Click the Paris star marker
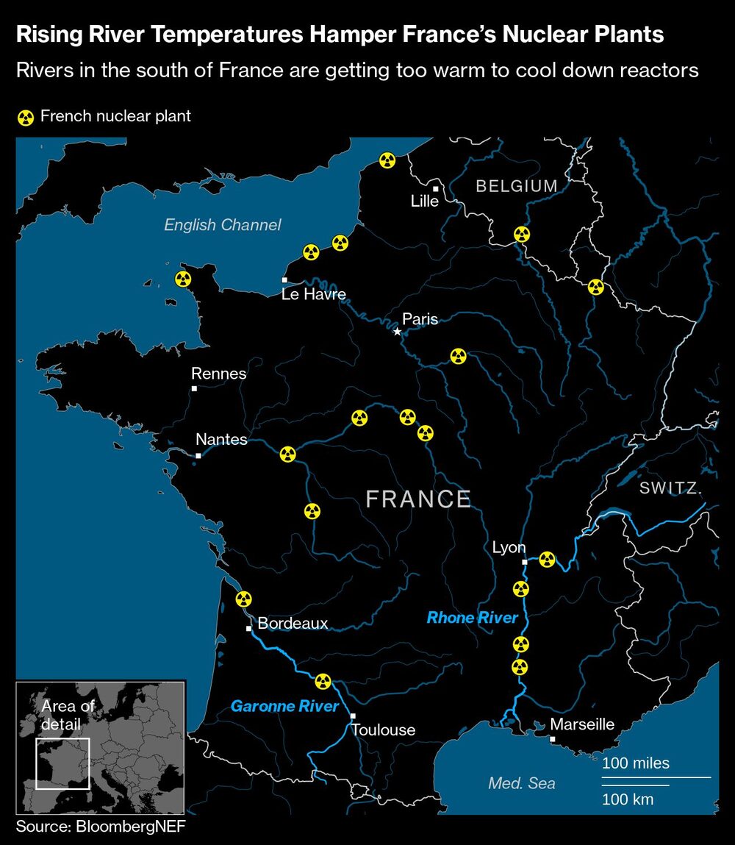click(x=398, y=332)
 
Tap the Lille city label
click(x=425, y=201)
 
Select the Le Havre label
click(x=314, y=295)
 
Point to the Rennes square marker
click(x=194, y=388)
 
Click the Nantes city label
click(x=221, y=439)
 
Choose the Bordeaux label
click(x=293, y=624)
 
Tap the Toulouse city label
click(x=383, y=730)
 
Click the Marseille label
click(x=582, y=724)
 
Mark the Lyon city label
click(x=509, y=547)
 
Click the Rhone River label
click(x=473, y=618)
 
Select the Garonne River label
click(x=284, y=707)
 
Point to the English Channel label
click(x=222, y=225)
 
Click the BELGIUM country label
click(x=517, y=186)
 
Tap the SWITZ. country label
click(x=670, y=489)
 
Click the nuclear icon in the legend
click(x=26, y=117)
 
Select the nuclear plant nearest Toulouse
click(x=322, y=681)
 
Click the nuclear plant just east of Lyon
click(x=546, y=560)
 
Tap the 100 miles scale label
click(x=636, y=763)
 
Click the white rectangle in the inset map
click(x=62, y=763)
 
